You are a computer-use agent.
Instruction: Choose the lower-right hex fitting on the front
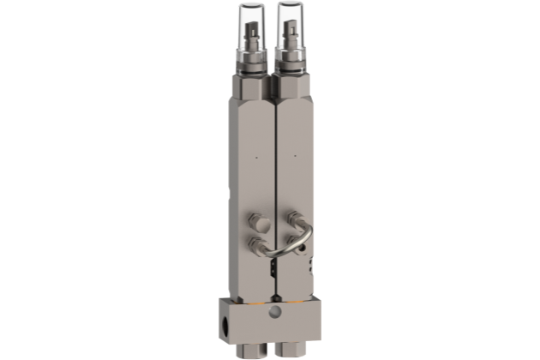[x=297, y=242]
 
